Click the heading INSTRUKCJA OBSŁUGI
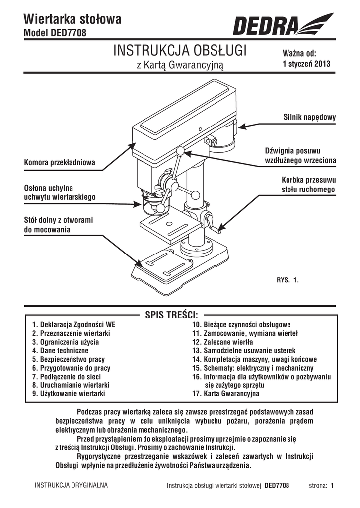tap(180, 51)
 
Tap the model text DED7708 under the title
tap(69, 33)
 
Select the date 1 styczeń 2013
tap(306, 63)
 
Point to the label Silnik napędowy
tap(309, 117)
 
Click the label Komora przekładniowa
tap(60, 162)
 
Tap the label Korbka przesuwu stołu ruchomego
tap(308, 185)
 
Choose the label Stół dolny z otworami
tap(59, 220)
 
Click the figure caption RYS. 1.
tap(288, 280)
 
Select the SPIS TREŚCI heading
tap(172, 315)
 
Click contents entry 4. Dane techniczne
tap(60, 351)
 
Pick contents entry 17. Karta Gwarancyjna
tap(226, 393)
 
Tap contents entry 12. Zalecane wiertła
tap(222, 342)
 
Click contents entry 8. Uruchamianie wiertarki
tap(71, 385)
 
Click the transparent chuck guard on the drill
tap(155, 205)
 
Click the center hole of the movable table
tap(168, 224)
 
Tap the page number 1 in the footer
tap(332, 485)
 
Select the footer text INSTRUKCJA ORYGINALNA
tap(72, 485)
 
